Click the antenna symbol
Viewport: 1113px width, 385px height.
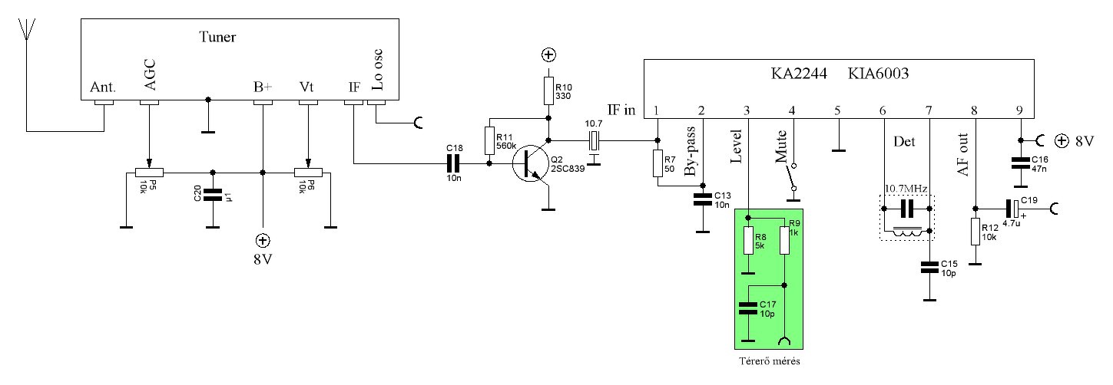[x=26, y=30]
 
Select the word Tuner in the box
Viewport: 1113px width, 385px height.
[x=217, y=37]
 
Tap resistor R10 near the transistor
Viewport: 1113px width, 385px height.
[x=548, y=90]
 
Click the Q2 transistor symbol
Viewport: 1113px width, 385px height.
[x=530, y=163]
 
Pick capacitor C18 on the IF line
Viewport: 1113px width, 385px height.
[x=454, y=163]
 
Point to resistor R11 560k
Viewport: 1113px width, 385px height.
[x=489, y=140]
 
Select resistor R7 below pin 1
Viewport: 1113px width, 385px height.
[x=658, y=163]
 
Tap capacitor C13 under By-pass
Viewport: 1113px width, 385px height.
[x=703, y=200]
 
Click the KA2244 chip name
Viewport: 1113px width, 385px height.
[x=799, y=74]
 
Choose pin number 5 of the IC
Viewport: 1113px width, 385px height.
[x=837, y=110]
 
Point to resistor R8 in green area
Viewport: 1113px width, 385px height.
[x=748, y=241]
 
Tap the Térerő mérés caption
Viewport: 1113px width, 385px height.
[x=770, y=361]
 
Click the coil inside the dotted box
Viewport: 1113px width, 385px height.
[x=907, y=231]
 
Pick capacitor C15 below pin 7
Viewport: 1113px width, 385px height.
[x=929, y=268]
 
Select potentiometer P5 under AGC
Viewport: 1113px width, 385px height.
[x=150, y=173]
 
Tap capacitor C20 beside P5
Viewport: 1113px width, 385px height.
[x=213, y=195]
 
